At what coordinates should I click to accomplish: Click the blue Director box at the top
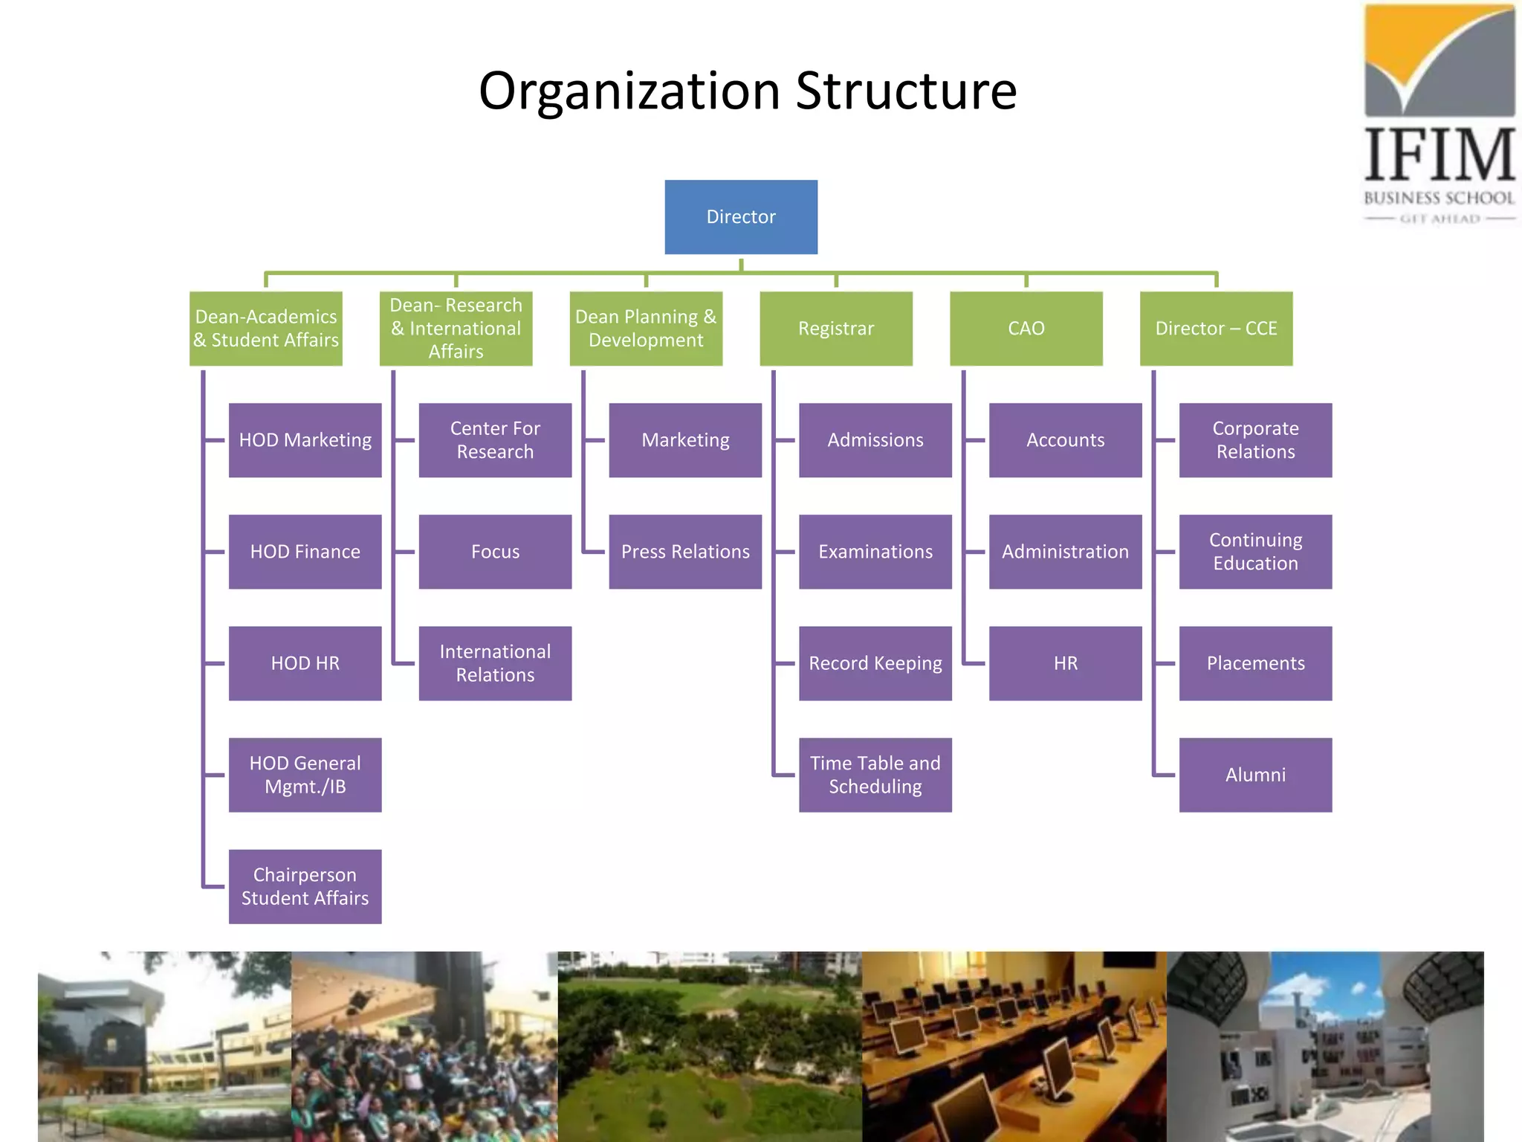click(741, 217)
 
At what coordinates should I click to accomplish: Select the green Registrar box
click(836, 329)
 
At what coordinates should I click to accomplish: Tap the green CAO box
click(1026, 329)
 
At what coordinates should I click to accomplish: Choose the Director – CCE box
click(1216, 329)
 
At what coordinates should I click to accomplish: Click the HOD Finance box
click(305, 552)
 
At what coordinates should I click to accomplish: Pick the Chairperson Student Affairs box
click(305, 886)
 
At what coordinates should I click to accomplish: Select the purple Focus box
click(495, 552)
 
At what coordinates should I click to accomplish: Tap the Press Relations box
click(685, 552)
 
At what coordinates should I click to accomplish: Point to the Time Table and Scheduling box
click(875, 775)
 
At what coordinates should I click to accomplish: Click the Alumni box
click(1255, 775)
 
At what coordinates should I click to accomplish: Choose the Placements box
click(1255, 663)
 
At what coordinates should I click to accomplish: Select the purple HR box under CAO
click(1065, 663)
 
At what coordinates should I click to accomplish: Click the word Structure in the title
click(906, 91)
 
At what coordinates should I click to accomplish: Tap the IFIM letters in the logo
click(1440, 155)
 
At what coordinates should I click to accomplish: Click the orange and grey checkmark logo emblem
click(1440, 59)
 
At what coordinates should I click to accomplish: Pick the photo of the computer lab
click(1014, 1047)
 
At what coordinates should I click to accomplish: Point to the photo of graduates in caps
click(424, 1047)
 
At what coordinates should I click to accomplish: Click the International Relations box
click(495, 663)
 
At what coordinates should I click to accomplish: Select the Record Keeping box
click(875, 663)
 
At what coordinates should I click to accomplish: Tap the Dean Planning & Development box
click(646, 329)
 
